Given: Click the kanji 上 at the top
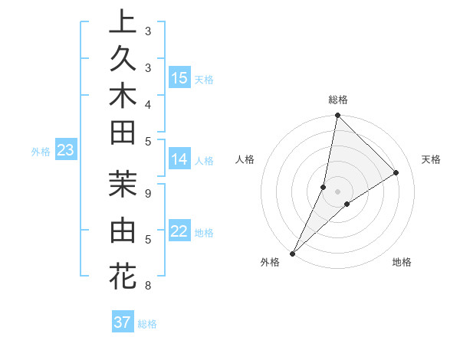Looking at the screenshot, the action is [x=122, y=23].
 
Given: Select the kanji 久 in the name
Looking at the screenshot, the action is [x=122, y=60].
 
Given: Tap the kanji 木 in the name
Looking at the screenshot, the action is [x=122, y=97].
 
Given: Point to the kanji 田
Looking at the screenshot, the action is [x=122, y=133].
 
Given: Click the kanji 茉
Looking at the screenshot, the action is [x=122, y=185].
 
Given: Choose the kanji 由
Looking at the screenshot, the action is [x=122, y=230].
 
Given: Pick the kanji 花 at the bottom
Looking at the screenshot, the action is [x=122, y=276].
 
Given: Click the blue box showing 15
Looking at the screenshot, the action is [x=179, y=77].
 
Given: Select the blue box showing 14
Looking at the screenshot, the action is [x=179, y=159].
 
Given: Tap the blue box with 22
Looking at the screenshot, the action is [x=179, y=231].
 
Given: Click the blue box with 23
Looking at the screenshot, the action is [x=66, y=150].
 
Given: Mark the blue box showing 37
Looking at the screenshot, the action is [x=123, y=322].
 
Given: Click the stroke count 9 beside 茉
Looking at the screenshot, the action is [x=147, y=194].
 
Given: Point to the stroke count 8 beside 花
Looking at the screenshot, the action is [x=147, y=286].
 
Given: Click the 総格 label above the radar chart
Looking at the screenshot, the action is [x=338, y=100].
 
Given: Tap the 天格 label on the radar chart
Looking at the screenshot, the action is [x=432, y=159].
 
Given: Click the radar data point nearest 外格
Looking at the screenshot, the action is [x=293, y=253].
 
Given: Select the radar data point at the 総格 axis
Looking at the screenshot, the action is [x=337, y=115].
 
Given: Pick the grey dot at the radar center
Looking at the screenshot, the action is [x=337, y=191].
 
